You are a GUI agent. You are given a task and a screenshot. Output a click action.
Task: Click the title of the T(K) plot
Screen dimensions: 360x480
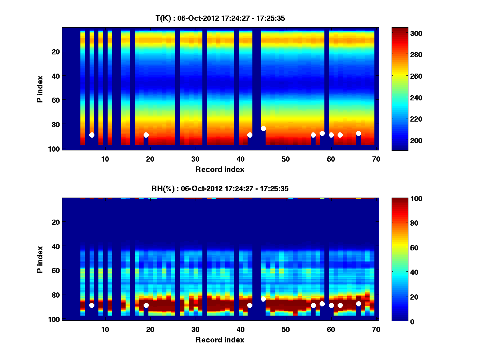point(220,18)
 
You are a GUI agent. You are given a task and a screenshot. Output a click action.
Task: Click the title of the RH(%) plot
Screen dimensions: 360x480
point(220,189)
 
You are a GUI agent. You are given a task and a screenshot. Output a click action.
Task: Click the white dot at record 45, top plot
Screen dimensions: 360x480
point(263,128)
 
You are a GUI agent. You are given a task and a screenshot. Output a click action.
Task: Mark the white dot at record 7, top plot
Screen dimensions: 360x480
point(92,135)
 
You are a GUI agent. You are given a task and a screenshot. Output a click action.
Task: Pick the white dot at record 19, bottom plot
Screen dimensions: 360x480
point(146,305)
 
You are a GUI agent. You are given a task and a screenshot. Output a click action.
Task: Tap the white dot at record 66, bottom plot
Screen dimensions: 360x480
point(358,304)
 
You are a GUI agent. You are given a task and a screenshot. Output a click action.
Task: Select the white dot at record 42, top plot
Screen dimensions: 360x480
point(250,135)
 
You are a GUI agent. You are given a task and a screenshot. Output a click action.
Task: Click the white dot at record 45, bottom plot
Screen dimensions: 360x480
point(263,299)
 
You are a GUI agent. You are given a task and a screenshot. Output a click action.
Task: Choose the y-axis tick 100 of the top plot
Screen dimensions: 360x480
point(55,149)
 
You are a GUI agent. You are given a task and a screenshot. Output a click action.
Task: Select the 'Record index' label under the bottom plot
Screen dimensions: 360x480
point(220,340)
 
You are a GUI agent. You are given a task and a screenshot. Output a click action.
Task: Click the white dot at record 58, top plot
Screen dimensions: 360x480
point(322,133)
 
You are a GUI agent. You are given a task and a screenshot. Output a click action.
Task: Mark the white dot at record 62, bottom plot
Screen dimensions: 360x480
point(340,305)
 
